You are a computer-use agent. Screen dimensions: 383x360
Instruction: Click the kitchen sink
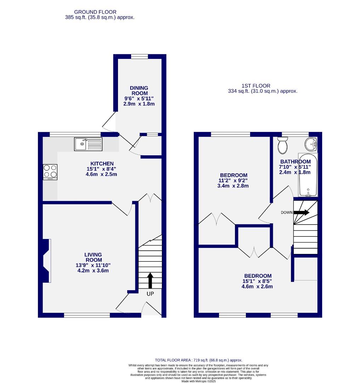point(88,144)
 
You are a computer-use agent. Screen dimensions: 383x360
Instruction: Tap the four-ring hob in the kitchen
point(50,172)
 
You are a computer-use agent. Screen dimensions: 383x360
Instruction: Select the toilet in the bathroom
point(283,146)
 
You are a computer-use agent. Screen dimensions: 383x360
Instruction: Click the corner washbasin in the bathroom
point(311,144)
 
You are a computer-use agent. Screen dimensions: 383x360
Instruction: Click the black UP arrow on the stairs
point(150,281)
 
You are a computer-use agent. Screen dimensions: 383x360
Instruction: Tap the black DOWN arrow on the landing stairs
point(301,212)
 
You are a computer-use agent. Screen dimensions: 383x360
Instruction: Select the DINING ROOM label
point(139,90)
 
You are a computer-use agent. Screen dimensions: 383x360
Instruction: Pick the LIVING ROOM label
point(93,257)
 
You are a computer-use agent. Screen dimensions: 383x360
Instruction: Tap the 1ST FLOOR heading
point(256,85)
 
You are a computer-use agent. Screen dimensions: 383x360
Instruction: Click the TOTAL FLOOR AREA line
point(198,360)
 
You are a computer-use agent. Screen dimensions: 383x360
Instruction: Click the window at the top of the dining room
point(139,56)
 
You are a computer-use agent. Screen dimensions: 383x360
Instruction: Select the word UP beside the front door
point(150,294)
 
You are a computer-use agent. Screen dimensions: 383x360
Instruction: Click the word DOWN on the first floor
point(287,213)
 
